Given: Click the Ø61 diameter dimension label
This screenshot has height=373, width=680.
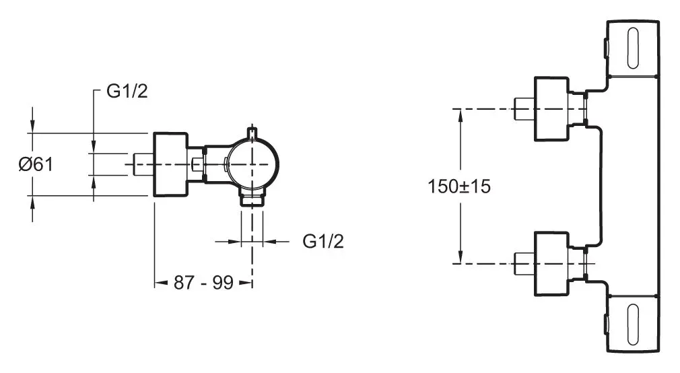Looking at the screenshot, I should pos(36,164).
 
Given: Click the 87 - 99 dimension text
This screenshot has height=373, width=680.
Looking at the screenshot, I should pos(203,283).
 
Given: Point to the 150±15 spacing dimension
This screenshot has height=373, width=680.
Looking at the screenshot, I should pos(460,186).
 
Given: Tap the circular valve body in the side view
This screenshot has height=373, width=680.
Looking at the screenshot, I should pos(252,165).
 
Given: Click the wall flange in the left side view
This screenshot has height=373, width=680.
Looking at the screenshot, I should pos(171,164).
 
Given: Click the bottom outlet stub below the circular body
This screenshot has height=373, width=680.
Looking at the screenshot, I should pos(252,199).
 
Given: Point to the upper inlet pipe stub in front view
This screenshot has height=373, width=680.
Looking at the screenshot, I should pos(523,108).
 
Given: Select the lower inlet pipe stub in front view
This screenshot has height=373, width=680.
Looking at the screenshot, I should pos(523,263).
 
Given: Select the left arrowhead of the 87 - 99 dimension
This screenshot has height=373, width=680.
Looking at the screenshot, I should pos(160,283).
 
